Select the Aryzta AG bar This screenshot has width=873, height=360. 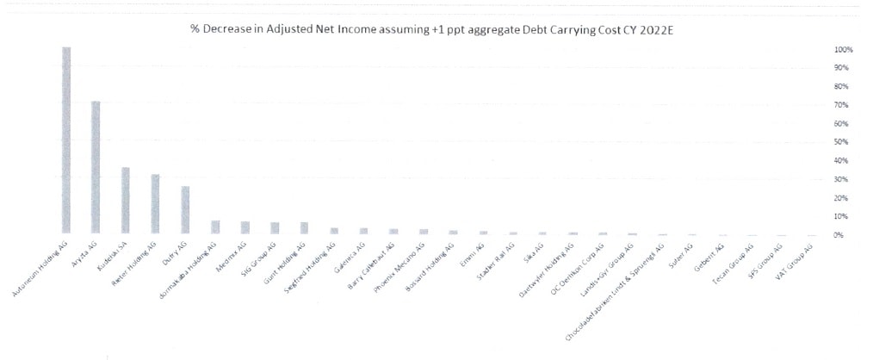96,167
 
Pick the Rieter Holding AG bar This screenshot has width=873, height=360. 155,203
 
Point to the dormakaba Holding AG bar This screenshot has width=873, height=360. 215,227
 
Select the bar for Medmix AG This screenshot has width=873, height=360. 245,227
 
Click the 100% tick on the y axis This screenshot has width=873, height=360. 842,49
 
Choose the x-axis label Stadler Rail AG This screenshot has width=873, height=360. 497,258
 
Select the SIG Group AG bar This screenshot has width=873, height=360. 275,228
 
